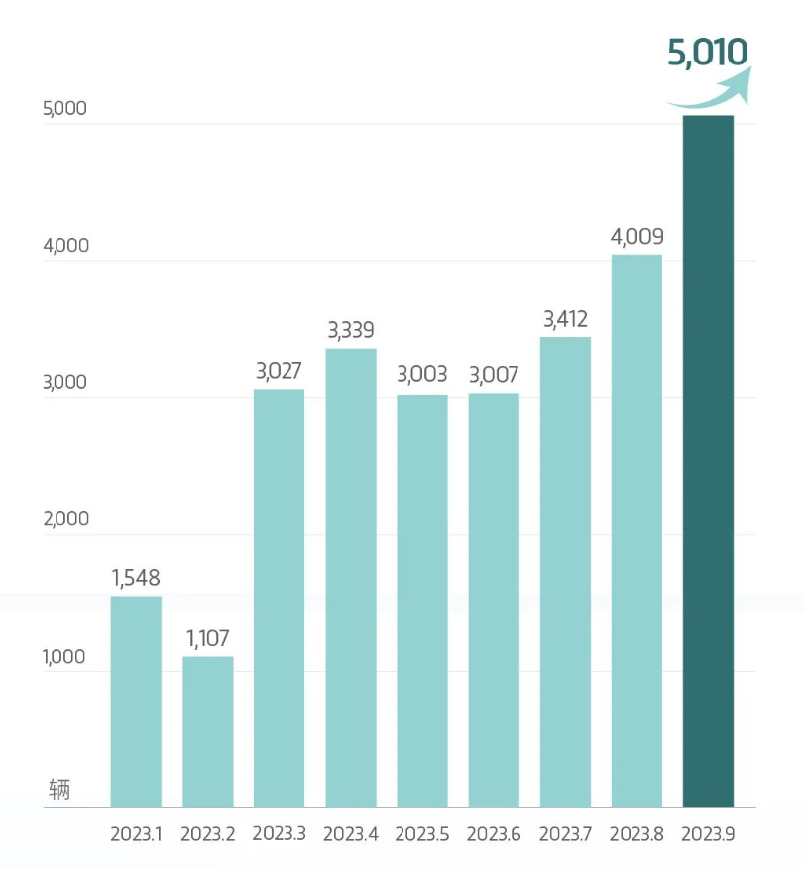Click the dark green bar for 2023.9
pos(708,461)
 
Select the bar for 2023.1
pos(136,701)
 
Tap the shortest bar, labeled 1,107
pos(207,731)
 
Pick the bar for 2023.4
pos(351,577)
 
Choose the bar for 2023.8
pos(636,531)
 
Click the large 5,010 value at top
pos(707,53)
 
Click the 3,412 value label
pos(565,319)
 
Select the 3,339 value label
pos(351,330)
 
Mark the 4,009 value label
pos(636,237)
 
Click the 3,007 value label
pos(494,375)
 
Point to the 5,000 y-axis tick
pos(65,109)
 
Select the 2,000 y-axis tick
pos(65,519)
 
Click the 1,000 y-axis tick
pos(65,656)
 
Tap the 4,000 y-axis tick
pos(65,246)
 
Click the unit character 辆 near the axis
pos(59,791)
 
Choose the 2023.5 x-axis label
pos(422,834)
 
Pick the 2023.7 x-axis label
pos(565,834)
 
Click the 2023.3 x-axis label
pos(280,834)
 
